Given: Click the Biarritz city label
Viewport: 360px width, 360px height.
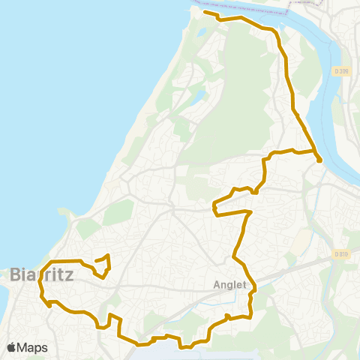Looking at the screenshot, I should click(x=41, y=275).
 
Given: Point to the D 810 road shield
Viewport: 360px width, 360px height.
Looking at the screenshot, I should click(x=342, y=255).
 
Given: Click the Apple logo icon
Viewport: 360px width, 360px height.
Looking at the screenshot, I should click(x=12, y=347).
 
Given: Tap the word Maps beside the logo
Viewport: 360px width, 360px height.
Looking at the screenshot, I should click(x=32, y=347).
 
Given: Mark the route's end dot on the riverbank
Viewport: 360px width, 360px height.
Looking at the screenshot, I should click(x=319, y=159).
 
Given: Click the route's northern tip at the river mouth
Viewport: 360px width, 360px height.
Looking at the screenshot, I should click(x=205, y=12).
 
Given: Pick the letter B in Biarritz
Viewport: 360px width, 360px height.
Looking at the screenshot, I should click(x=17, y=275).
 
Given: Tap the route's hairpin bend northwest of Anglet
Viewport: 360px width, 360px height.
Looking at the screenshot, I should click(x=214, y=204).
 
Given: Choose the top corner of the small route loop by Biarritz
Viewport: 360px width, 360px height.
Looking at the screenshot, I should click(x=109, y=256).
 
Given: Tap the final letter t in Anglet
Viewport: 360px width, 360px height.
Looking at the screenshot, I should click(x=244, y=284).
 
